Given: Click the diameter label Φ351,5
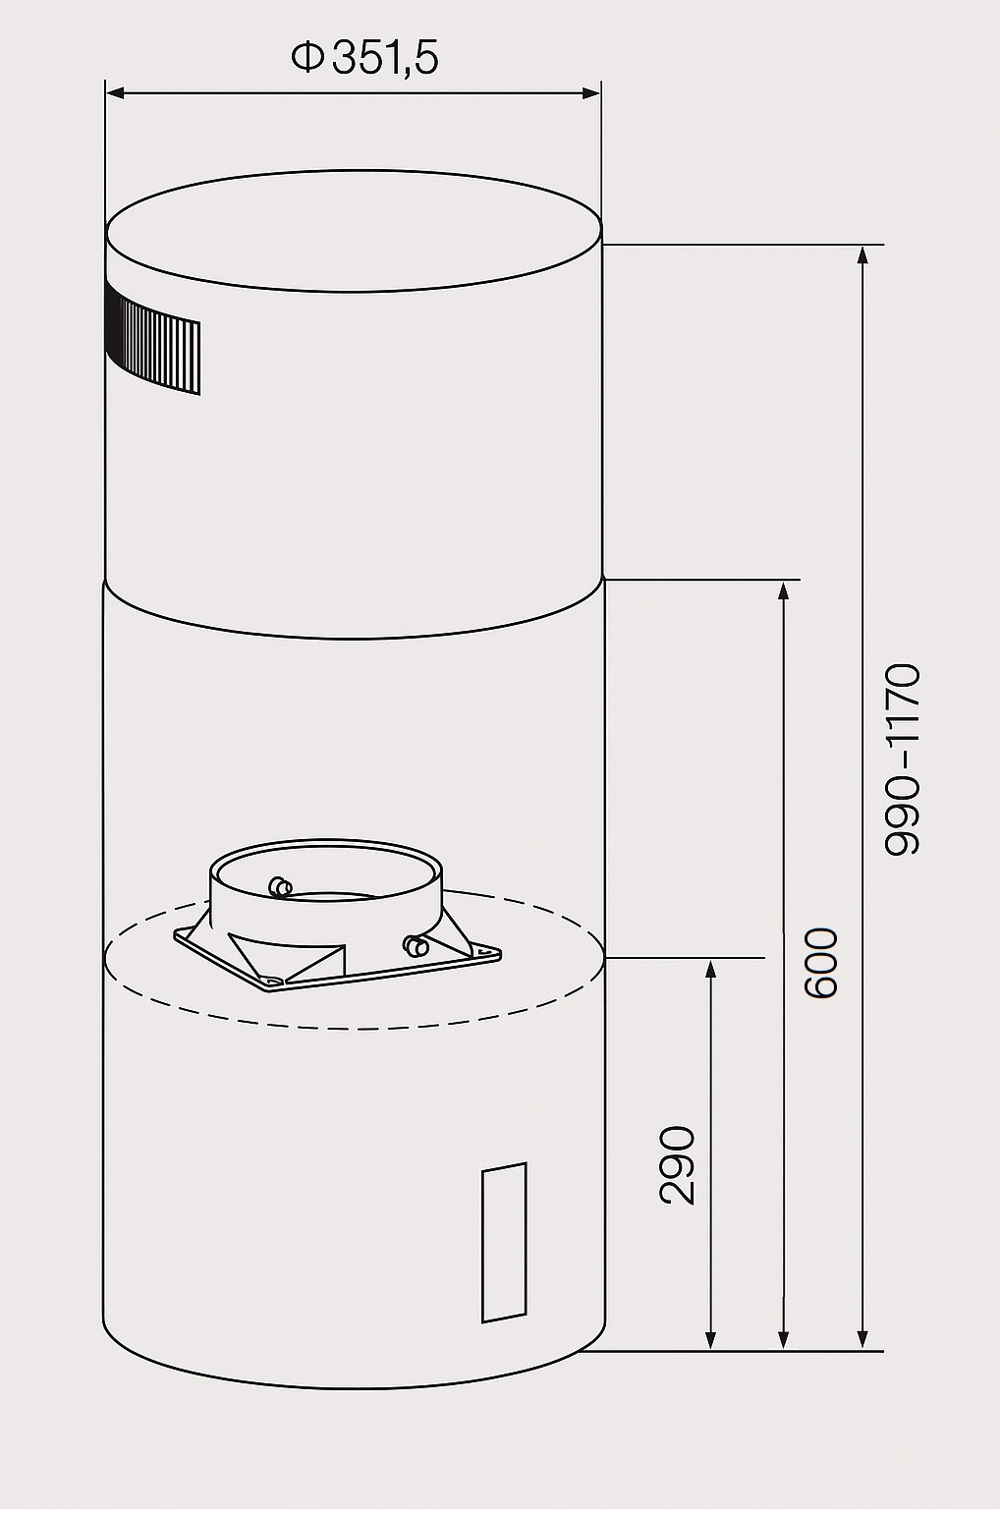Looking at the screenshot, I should click(x=364, y=58).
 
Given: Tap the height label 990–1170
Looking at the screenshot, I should click(x=902, y=759).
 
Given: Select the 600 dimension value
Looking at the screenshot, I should click(x=821, y=963).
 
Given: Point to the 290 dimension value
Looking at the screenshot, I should click(x=677, y=1165).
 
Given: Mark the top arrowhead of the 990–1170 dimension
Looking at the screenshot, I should click(x=862, y=255).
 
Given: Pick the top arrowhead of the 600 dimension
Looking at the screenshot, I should click(x=783, y=590).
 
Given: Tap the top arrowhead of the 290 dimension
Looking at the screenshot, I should click(x=710, y=969).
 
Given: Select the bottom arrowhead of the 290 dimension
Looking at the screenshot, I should click(x=710, y=1339).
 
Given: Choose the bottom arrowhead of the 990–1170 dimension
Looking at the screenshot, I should click(x=862, y=1339).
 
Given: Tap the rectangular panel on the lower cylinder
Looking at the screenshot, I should click(x=503, y=1243).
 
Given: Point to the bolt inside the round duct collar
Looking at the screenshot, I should click(x=281, y=887).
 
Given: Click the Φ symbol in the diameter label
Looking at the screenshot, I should click(x=307, y=58).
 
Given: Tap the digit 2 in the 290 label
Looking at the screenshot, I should click(x=677, y=1190).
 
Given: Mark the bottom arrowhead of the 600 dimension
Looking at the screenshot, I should click(x=783, y=1339).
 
